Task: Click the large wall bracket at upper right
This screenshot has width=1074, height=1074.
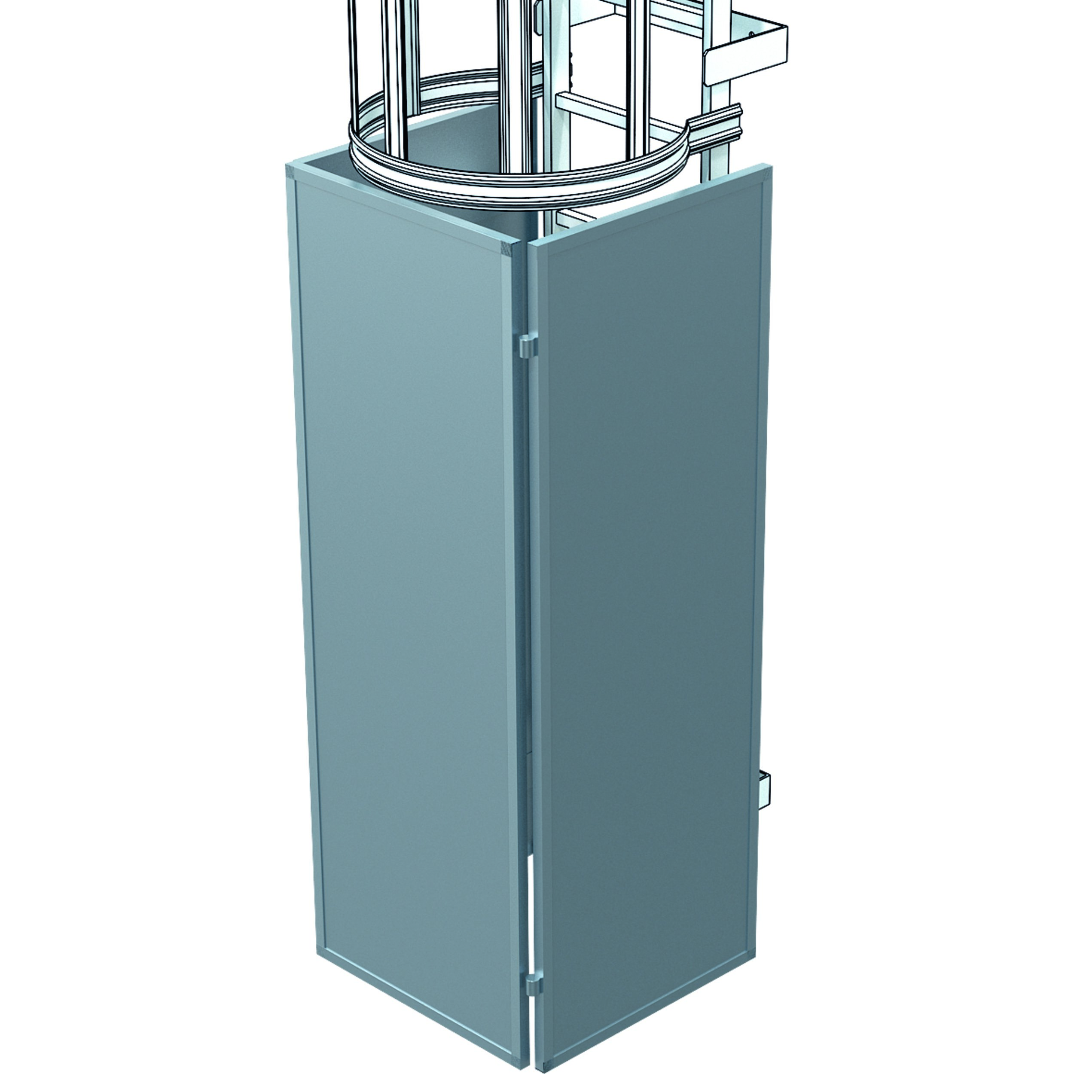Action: pyautogui.click(x=745, y=53)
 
